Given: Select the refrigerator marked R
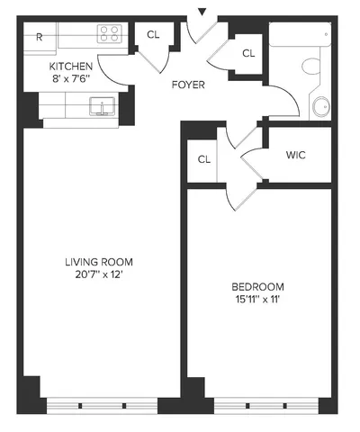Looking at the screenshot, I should (40, 38).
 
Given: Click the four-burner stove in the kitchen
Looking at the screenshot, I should (110, 35).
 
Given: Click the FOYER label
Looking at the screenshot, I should (189, 85).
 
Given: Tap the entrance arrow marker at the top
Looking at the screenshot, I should (202, 12).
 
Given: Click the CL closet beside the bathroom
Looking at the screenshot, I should (248, 53).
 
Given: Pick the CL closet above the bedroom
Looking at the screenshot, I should (203, 159).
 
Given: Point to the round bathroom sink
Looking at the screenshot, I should (320, 105).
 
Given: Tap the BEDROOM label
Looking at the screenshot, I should (259, 288).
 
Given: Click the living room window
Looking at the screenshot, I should (101, 402).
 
